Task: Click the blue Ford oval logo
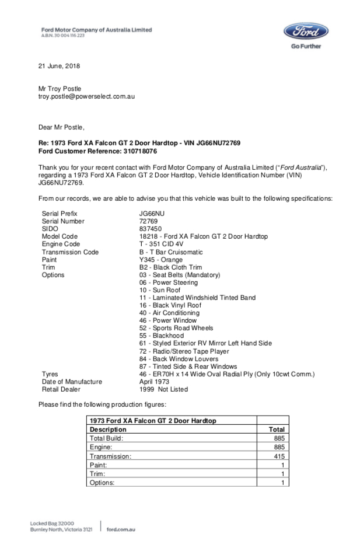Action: [306, 31]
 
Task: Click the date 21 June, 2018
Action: [60, 65]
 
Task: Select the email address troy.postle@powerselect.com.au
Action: [86, 96]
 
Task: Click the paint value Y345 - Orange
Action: [160, 260]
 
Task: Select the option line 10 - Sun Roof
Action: [160, 290]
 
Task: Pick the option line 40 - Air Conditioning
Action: [169, 313]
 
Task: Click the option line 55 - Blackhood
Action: [162, 336]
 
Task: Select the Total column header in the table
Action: [276, 429]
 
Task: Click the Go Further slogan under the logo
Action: [306, 47]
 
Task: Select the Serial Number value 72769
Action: [149, 222]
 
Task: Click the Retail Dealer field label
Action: [61, 389]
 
